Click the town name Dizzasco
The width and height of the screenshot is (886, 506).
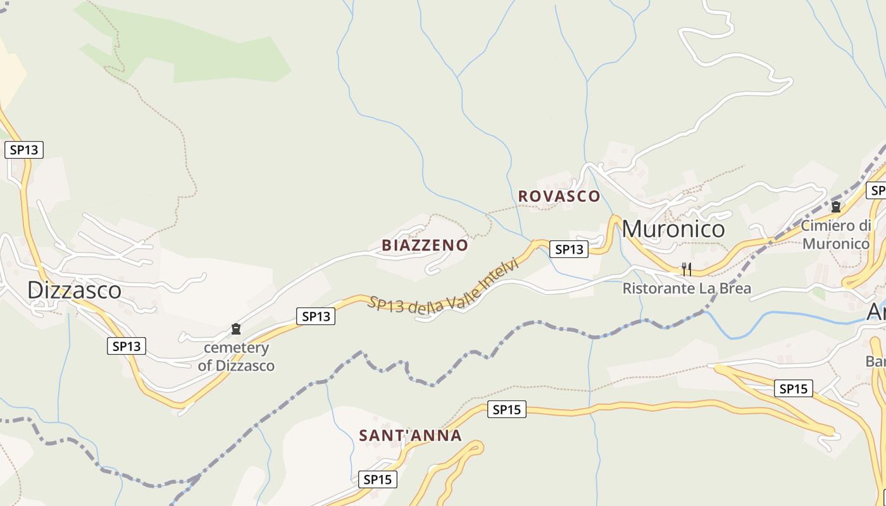(74, 290)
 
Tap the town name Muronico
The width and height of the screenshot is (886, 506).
(673, 228)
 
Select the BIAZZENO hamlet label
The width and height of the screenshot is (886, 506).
(425, 245)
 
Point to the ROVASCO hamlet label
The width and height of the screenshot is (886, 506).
(559, 196)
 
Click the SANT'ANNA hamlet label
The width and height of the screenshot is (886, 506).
(410, 436)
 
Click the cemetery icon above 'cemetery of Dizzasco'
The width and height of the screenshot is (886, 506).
(236, 329)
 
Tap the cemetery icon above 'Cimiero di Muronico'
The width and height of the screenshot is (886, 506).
(836, 206)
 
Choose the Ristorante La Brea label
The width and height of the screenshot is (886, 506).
(687, 289)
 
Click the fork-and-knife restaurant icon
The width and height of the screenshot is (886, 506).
(686, 269)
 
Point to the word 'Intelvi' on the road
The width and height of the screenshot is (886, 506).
(499, 276)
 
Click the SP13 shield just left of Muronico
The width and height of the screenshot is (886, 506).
(568, 249)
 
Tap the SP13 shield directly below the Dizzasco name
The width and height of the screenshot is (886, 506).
(127, 346)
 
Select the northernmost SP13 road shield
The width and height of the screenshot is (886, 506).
(24, 150)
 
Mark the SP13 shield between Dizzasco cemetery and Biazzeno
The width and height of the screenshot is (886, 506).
(316, 316)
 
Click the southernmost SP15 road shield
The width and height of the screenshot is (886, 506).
(377, 479)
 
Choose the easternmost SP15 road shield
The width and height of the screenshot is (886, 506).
(794, 388)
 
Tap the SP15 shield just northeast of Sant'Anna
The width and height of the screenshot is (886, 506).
(506, 409)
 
